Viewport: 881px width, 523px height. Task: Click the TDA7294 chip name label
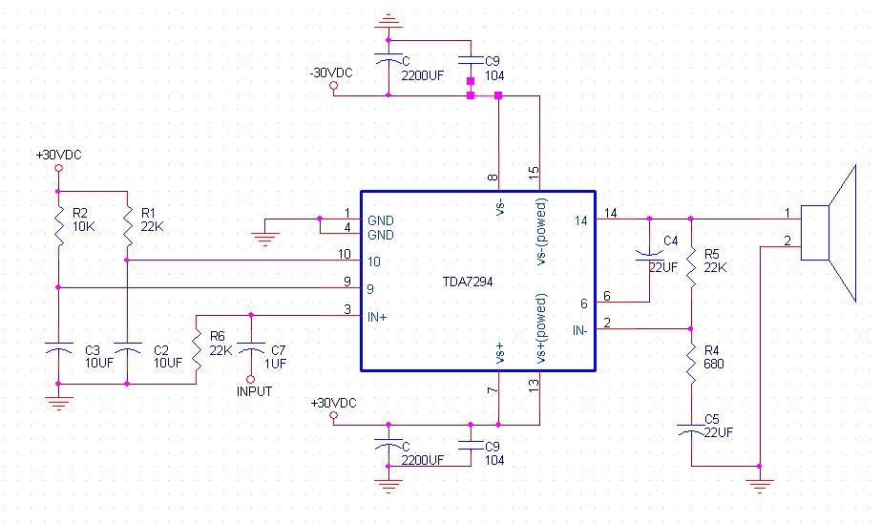click(468, 282)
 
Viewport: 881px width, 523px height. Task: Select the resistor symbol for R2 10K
click(58, 227)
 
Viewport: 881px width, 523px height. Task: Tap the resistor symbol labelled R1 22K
click(128, 227)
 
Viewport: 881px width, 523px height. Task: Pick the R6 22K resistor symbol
click(196, 350)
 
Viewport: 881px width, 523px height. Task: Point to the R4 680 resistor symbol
click(691, 364)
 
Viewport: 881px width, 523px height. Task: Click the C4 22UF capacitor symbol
click(649, 255)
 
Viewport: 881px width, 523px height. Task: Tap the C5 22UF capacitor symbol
click(691, 429)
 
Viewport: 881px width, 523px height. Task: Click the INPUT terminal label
click(254, 391)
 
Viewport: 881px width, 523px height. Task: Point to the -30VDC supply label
click(331, 73)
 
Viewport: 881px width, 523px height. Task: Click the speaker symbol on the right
click(829, 233)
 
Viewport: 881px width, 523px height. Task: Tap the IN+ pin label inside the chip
click(377, 317)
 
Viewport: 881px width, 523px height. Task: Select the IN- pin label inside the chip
click(579, 330)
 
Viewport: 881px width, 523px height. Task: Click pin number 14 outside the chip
click(611, 213)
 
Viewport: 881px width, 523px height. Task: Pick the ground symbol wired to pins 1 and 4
click(264, 239)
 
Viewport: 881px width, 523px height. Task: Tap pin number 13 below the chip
click(534, 386)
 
